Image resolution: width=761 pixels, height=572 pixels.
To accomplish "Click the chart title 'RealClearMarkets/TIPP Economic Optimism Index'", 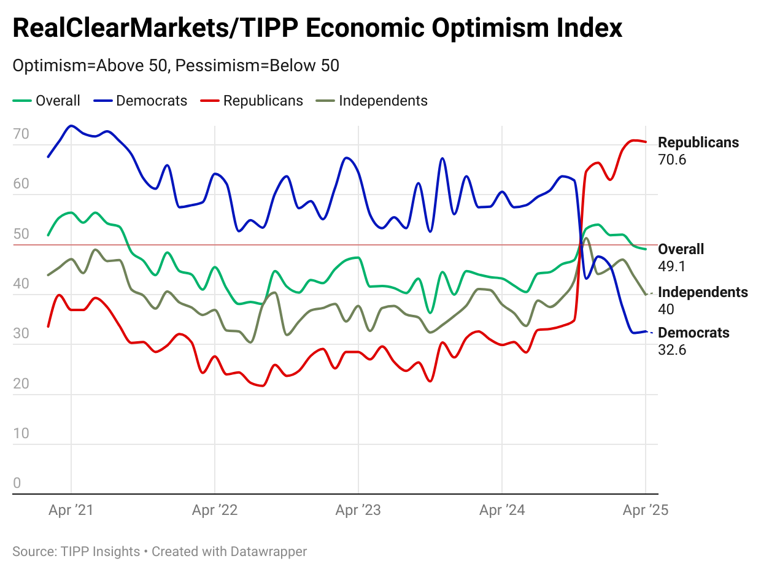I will [317, 29].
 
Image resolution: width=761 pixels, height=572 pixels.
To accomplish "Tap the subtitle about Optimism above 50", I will [176, 66].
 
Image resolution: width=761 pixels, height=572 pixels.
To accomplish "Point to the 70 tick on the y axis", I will [21, 134].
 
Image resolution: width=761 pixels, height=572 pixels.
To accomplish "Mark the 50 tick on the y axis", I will [21, 234].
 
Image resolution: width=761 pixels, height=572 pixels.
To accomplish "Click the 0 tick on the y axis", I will [17, 484].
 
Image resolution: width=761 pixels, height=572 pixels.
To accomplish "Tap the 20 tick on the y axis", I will [21, 384].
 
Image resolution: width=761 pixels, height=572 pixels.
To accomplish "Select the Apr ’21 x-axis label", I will [71, 510].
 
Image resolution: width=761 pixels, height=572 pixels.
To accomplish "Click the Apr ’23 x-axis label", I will [358, 510].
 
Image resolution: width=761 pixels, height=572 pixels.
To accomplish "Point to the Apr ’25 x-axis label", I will [645, 510].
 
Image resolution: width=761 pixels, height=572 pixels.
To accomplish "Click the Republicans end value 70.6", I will [671, 160].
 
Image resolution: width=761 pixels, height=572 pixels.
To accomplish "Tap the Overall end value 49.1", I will [671, 266].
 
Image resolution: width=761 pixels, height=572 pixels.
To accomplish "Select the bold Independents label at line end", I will [703, 292].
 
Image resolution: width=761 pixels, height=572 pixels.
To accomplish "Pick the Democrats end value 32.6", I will [671, 350].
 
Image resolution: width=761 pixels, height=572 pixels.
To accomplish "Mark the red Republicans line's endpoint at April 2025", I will [645, 142].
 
